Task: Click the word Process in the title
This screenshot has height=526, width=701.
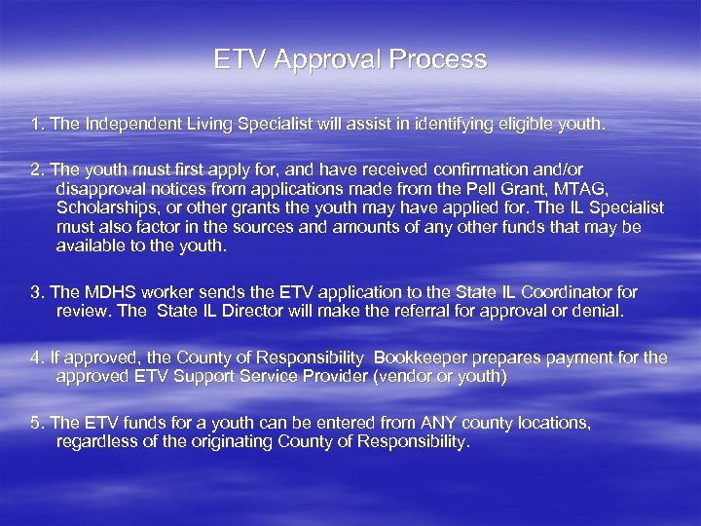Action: tap(437, 60)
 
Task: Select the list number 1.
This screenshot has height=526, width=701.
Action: tap(36, 125)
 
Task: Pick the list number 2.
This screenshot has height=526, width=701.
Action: tap(36, 169)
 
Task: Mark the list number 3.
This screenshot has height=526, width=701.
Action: tap(36, 292)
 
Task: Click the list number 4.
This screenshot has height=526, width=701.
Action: tap(36, 357)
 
